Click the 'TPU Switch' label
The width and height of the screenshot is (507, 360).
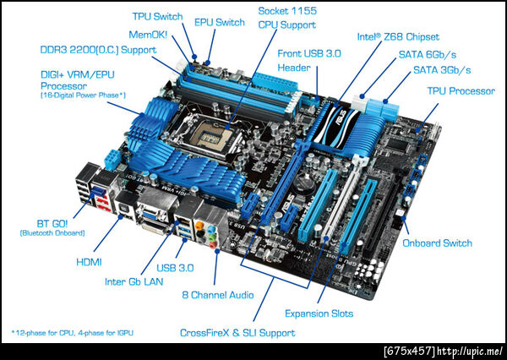coord(158,17)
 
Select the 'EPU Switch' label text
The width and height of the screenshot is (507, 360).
coord(220,22)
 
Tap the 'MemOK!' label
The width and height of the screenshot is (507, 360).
coord(148,35)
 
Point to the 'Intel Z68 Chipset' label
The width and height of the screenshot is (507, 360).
coord(398,36)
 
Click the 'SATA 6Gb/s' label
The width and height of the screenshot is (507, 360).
coord(427,54)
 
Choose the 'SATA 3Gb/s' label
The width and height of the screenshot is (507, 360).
coord(442,70)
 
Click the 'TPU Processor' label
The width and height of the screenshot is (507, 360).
coord(461,91)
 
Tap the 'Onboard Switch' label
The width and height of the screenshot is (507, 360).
coord(437,243)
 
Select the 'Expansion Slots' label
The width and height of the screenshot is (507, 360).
coord(319,314)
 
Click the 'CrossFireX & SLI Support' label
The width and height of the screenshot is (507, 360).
coord(237,333)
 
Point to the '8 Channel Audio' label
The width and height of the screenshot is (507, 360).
coord(218,295)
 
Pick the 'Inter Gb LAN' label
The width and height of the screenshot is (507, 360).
coord(134,281)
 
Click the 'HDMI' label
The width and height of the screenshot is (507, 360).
coord(89,262)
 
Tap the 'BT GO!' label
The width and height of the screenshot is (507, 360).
coord(52,224)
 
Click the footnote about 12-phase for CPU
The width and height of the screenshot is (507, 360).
coord(72,333)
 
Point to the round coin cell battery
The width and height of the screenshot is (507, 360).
coord(303,183)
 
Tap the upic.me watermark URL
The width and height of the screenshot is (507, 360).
coord(444,352)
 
